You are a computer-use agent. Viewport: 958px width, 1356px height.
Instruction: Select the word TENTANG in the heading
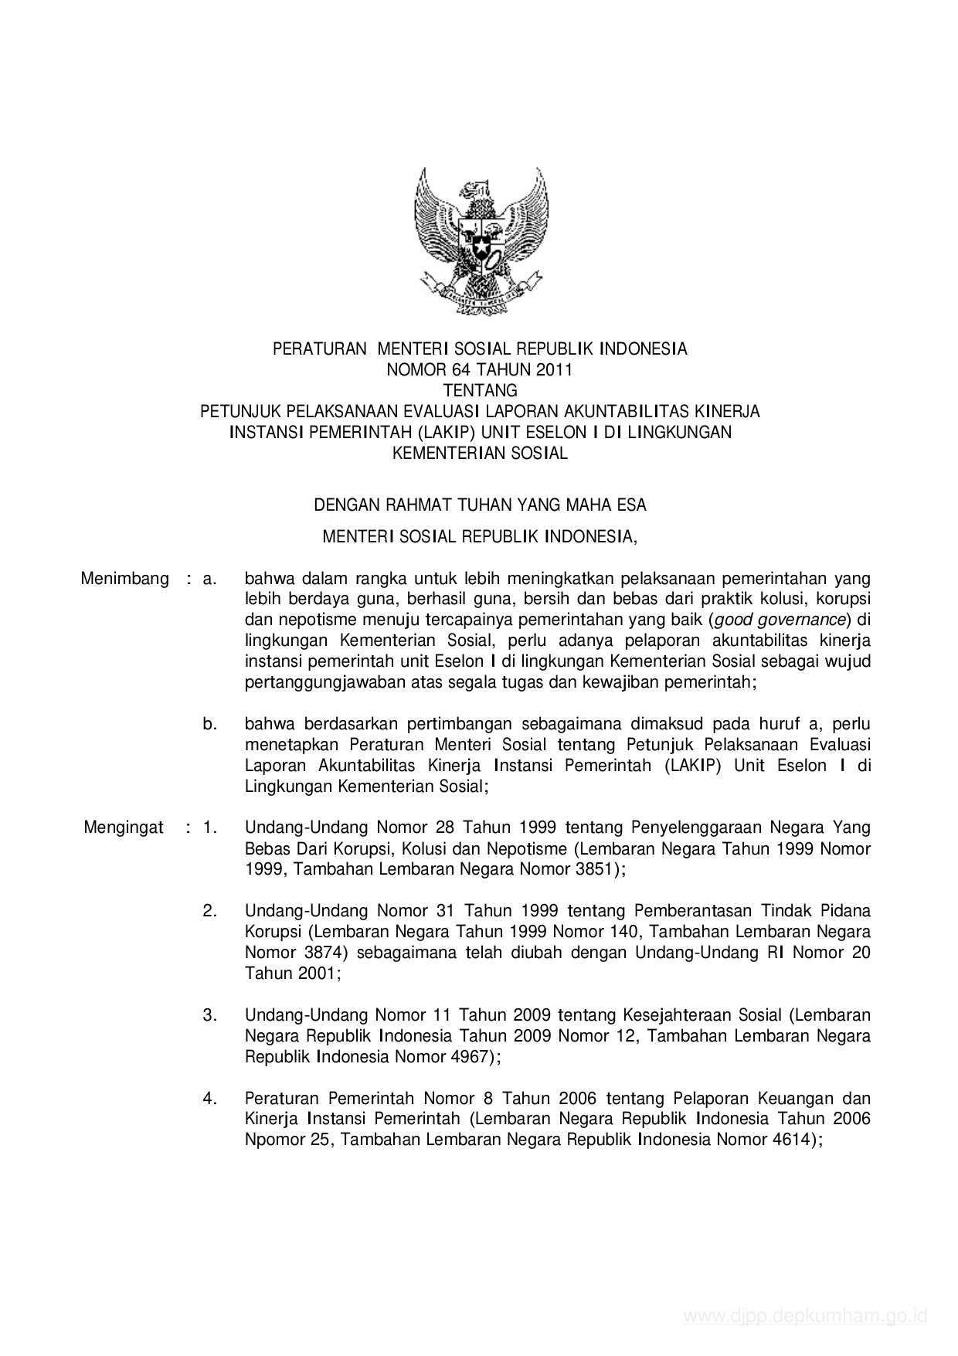pos(480,390)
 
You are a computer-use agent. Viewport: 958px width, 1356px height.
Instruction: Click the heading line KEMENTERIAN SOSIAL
pos(480,454)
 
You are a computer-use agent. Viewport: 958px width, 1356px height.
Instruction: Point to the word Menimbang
pos(124,579)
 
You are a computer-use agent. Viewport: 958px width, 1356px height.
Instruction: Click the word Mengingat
pos(124,828)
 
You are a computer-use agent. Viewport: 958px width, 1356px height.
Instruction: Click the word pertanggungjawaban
pos(328,682)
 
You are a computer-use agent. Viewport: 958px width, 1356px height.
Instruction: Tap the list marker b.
pos(209,724)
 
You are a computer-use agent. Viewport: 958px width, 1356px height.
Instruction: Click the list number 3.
pos(209,1014)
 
